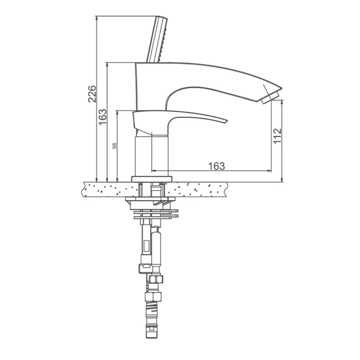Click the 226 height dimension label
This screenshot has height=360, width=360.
pyautogui.click(x=92, y=94)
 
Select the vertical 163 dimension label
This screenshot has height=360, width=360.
pyautogui.click(x=103, y=117)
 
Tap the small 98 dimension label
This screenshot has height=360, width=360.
pyautogui.click(x=114, y=146)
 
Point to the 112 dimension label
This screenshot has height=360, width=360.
pyautogui.click(x=277, y=136)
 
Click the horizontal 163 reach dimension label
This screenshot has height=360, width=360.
pyautogui.click(x=217, y=166)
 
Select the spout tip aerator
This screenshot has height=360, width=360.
pyautogui.click(x=270, y=97)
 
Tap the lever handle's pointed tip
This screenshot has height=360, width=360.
pyautogui.click(x=227, y=121)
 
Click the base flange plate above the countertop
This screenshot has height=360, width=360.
pyautogui.click(x=151, y=179)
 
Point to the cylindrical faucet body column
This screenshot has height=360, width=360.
pyautogui.click(x=151, y=155)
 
